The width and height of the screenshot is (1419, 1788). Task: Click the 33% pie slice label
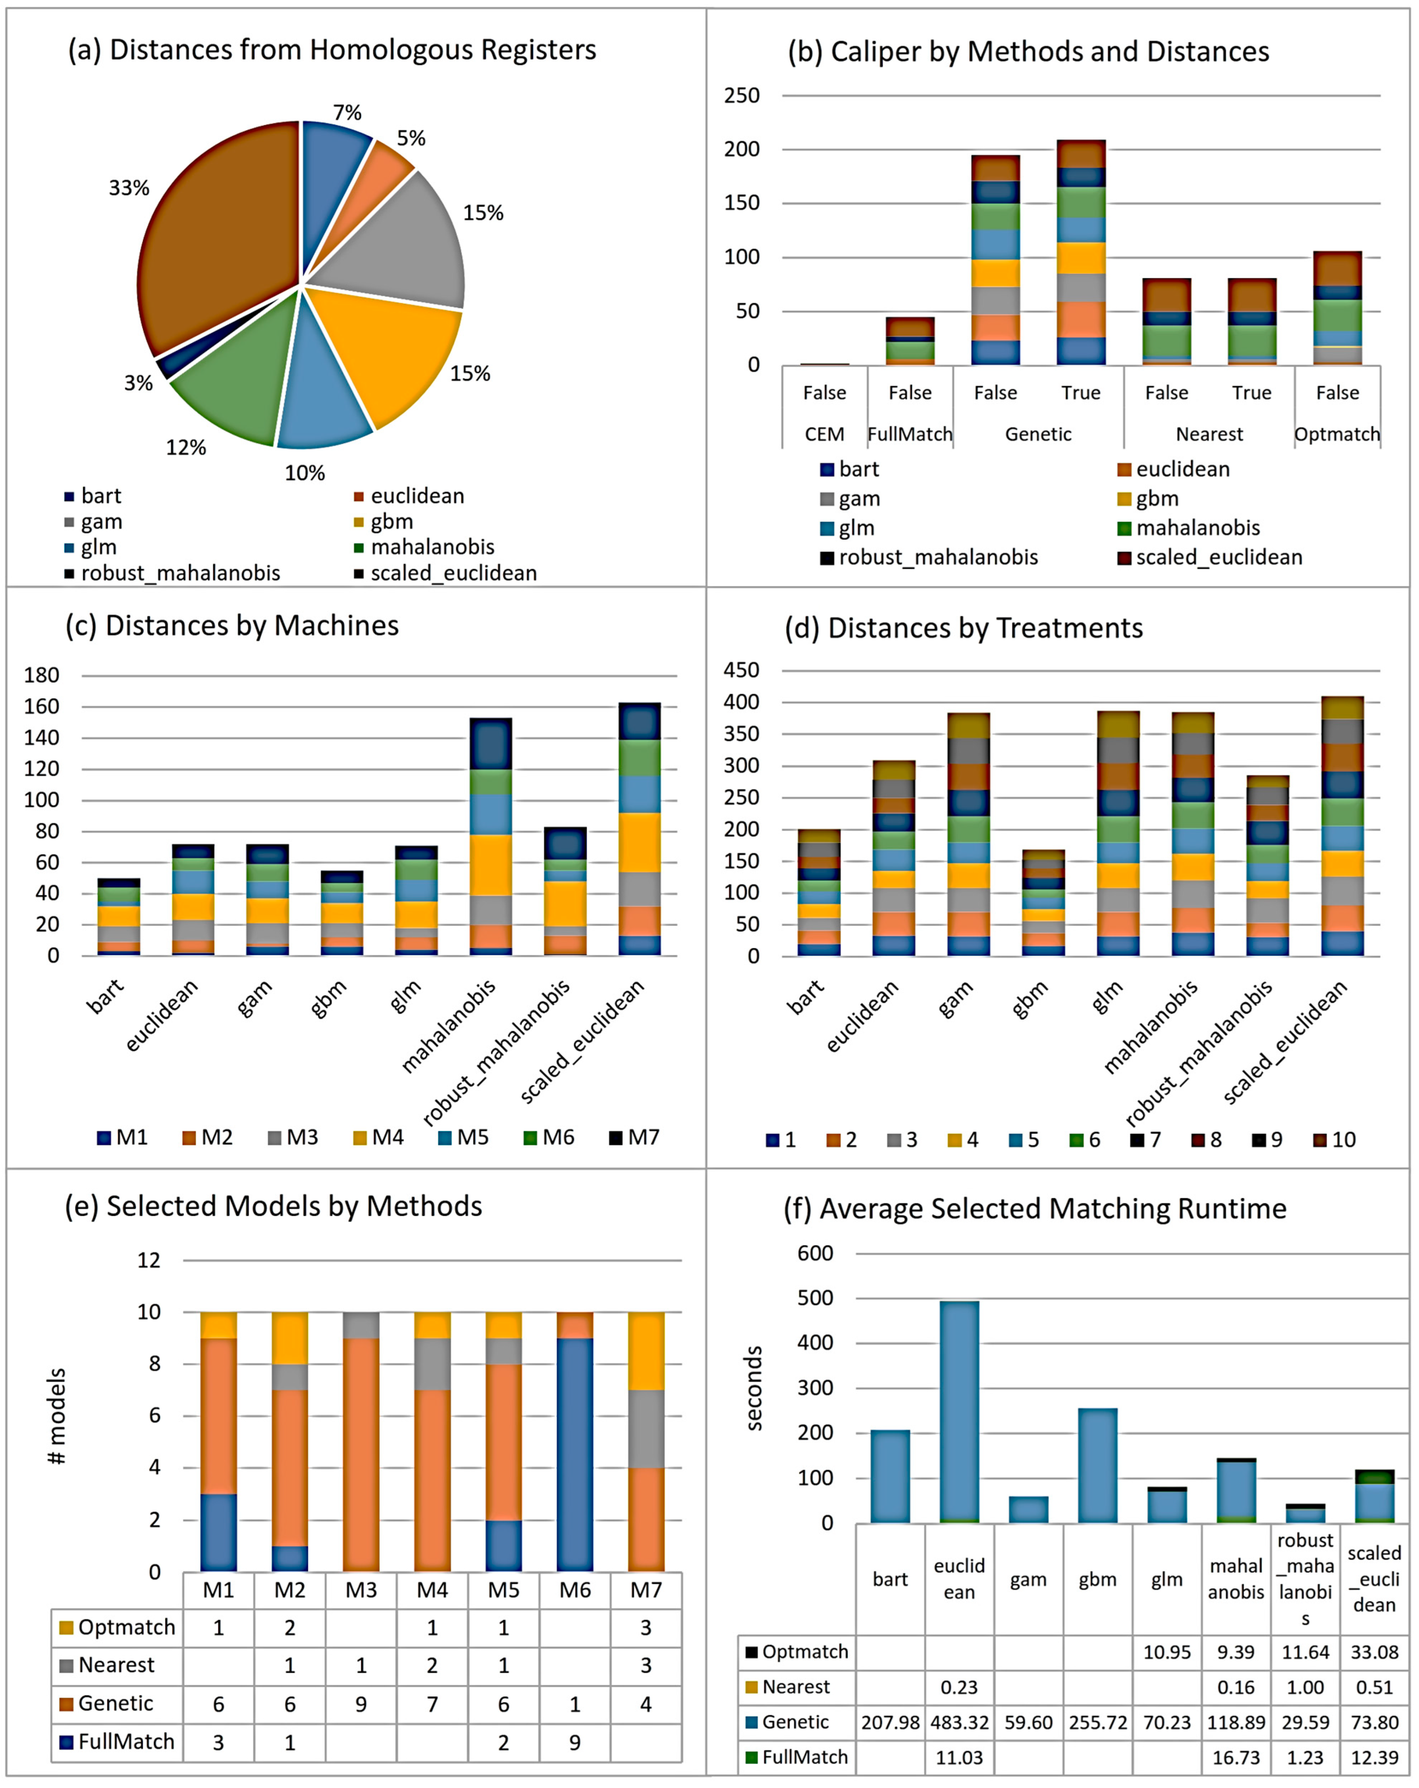tap(129, 188)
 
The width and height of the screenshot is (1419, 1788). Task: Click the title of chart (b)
tap(1028, 51)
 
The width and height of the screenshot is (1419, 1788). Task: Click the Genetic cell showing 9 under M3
tap(361, 1703)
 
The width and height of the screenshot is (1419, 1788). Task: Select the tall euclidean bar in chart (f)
tap(959, 1410)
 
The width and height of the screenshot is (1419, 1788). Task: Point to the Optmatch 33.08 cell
tap(1373, 1652)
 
